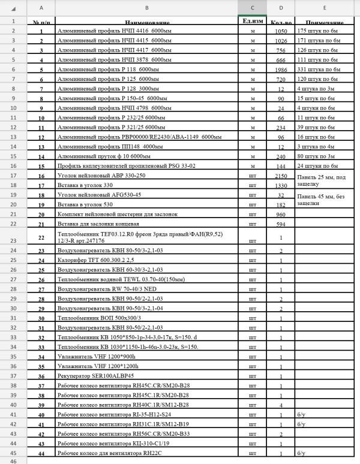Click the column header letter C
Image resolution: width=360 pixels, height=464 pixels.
point(252,7)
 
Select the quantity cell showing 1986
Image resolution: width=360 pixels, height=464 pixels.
point(281,70)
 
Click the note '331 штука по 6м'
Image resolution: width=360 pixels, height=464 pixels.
point(319,70)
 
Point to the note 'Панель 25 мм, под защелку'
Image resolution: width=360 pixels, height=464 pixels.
point(324,180)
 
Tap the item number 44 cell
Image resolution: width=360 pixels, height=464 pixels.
point(41,453)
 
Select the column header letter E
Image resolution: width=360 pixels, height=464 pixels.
point(323,7)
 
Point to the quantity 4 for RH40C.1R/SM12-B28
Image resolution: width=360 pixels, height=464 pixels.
point(281,405)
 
